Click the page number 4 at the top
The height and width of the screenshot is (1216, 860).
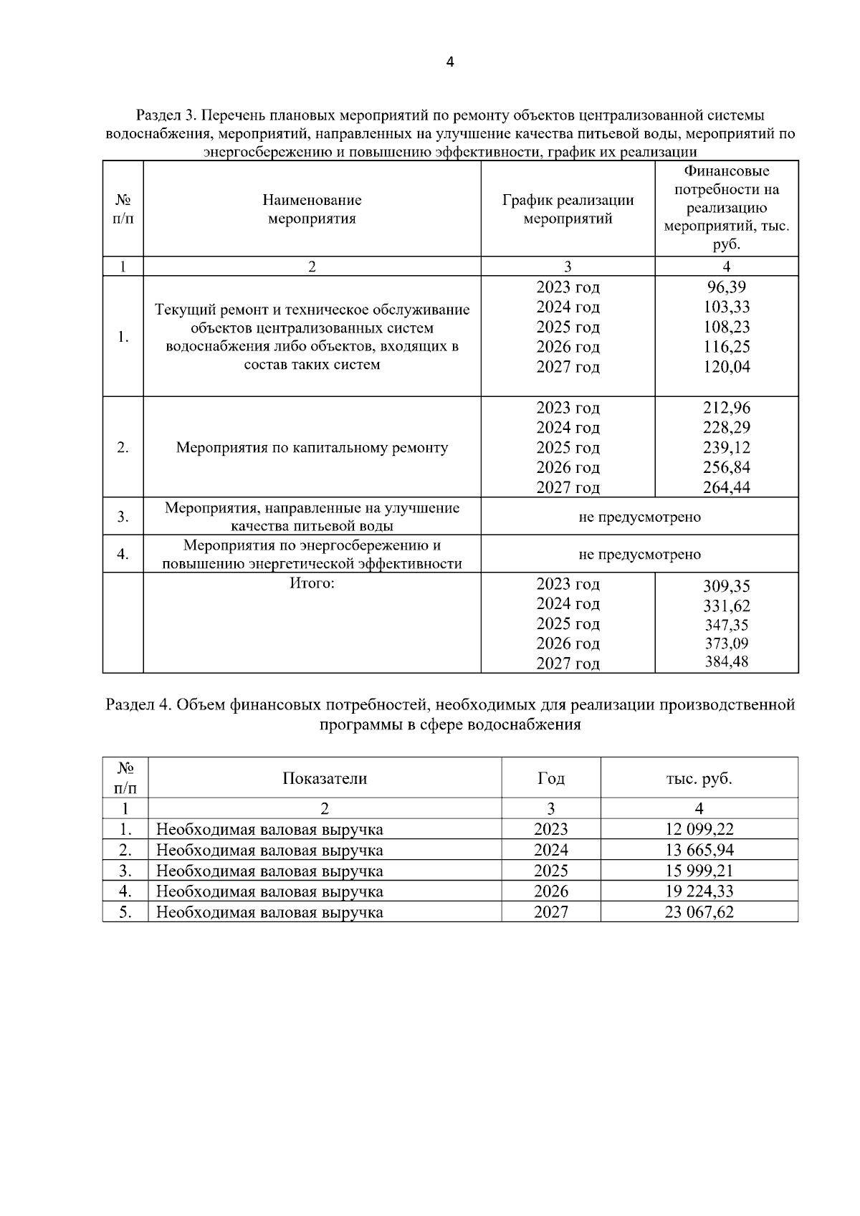(449, 62)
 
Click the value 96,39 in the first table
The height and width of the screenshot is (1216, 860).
(726, 287)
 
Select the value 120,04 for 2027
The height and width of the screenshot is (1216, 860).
(726, 368)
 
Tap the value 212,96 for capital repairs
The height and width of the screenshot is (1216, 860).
(726, 408)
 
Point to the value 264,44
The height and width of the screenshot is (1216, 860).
(726, 488)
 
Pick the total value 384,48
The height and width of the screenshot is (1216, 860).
(726, 662)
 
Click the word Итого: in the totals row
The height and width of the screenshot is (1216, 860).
(312, 583)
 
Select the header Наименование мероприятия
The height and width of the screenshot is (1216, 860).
(312, 209)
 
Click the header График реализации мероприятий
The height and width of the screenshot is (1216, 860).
(568, 209)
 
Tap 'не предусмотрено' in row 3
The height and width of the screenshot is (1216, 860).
(639, 517)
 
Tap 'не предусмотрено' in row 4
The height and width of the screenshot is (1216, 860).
(639, 554)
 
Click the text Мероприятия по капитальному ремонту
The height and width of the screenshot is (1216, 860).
(312, 448)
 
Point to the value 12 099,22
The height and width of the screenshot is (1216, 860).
(699, 830)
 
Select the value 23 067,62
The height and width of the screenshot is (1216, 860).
(699, 912)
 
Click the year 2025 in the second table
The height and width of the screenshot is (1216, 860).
(550, 871)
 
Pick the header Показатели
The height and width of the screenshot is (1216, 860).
(325, 778)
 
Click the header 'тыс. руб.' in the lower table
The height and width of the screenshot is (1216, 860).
(699, 778)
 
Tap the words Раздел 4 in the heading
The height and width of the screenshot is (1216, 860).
(137, 705)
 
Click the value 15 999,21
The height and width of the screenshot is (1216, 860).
(699, 871)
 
